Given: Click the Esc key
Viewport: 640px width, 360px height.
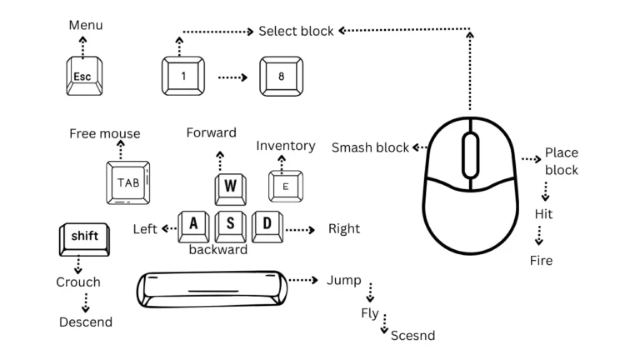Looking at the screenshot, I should [83, 77].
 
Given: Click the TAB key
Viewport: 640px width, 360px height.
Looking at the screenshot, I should [127, 182].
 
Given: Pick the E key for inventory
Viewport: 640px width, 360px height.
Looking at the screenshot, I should [286, 186].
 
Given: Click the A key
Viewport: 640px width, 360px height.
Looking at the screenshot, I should [194, 224].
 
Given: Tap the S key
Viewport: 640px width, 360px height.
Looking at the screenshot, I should [230, 224].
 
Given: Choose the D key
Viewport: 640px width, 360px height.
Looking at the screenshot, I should [267, 224].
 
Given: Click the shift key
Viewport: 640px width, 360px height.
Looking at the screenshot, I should [83, 238].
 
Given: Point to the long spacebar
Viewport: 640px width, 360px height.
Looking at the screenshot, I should [212, 288].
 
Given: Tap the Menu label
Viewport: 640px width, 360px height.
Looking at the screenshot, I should [86, 25].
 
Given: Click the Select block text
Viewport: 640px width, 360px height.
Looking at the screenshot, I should [296, 31].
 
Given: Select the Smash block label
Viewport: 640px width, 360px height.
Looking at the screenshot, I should [370, 147].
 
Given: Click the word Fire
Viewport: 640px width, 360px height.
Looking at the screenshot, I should [541, 261].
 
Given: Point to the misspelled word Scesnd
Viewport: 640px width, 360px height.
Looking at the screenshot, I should [412, 336].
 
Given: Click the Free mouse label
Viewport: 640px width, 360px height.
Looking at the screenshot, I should [104, 133].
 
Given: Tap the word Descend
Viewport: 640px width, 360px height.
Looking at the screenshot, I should [86, 322].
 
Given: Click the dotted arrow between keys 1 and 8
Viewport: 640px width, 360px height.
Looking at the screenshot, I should [232, 77].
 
